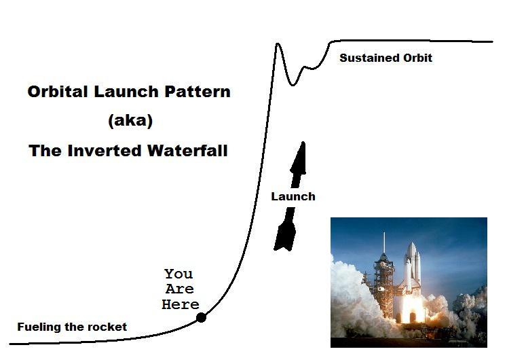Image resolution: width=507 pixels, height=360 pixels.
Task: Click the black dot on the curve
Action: coord(201,317)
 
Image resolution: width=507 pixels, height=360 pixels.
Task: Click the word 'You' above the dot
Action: coord(179,274)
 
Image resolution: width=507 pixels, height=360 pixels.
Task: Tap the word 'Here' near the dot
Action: coord(181,304)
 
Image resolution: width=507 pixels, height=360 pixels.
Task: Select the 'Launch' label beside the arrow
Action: coord(293,196)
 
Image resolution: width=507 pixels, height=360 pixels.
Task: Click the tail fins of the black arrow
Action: coord(284,238)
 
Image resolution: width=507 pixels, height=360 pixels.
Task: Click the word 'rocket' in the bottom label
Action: coord(107,327)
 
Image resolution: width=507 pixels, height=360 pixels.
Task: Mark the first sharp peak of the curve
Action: coord(278,45)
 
